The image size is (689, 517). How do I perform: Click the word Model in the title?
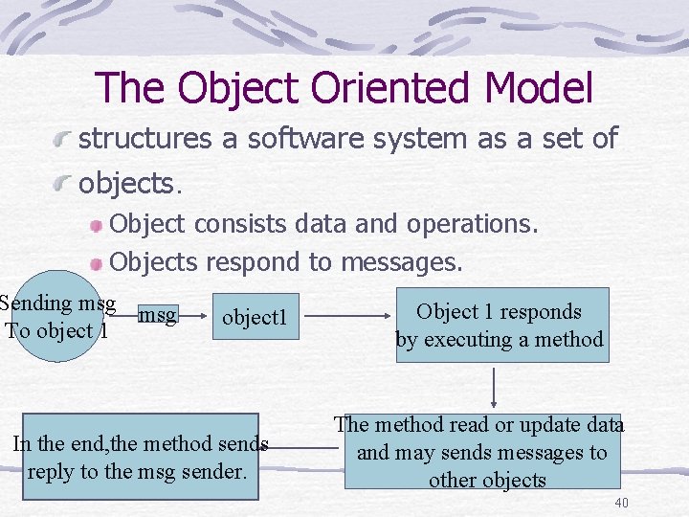point(539,88)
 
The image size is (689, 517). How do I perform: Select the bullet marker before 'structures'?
point(63,141)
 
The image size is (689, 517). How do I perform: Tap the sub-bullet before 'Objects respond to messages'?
point(96,262)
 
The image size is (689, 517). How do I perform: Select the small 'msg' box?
point(158,314)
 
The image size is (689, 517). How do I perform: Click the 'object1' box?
point(255,317)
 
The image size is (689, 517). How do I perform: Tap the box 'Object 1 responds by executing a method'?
point(500,325)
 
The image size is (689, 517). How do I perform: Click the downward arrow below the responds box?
point(495,387)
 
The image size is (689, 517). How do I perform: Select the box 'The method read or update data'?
point(481,451)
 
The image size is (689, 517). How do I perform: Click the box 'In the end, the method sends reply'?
point(141,457)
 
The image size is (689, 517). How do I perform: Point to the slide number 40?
point(621,504)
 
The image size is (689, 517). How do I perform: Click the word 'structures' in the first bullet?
point(144,139)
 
